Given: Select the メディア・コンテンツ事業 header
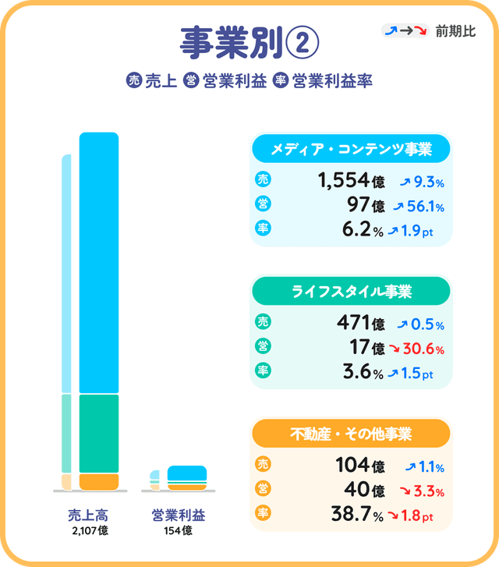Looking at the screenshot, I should (x=350, y=148).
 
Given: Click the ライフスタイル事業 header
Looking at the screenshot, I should (x=350, y=292).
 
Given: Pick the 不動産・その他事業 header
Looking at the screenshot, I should (x=350, y=433).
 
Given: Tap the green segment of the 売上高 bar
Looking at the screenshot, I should (x=99, y=434).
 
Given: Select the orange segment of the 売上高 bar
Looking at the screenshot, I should (x=99, y=481).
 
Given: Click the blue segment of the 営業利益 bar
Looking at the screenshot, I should (x=187, y=473).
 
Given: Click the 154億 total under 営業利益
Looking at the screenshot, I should (x=179, y=531).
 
